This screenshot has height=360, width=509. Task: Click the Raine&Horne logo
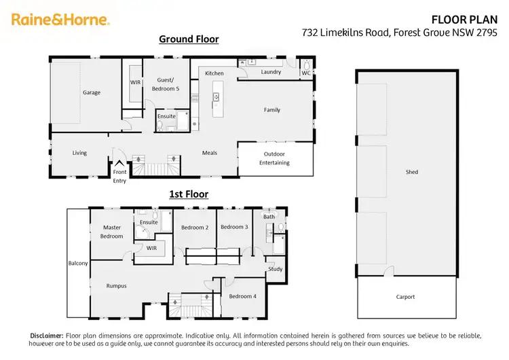[60, 20]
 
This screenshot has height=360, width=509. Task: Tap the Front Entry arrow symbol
[119, 164]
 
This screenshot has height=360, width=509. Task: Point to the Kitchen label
[214, 73]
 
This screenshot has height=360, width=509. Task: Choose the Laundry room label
[271, 71]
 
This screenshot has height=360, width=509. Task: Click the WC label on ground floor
[305, 73]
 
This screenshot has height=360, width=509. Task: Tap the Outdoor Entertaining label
[276, 158]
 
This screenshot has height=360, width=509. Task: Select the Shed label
[411, 172]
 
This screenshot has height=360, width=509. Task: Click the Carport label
[405, 297]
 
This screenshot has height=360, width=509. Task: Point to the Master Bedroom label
[112, 232]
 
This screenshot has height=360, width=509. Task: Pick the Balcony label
[78, 264]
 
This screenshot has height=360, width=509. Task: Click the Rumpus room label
[116, 286]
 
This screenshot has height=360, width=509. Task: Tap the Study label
[275, 269]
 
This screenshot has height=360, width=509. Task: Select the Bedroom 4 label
[242, 296]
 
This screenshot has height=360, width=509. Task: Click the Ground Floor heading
[189, 39]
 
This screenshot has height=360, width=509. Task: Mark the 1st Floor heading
[188, 194]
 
